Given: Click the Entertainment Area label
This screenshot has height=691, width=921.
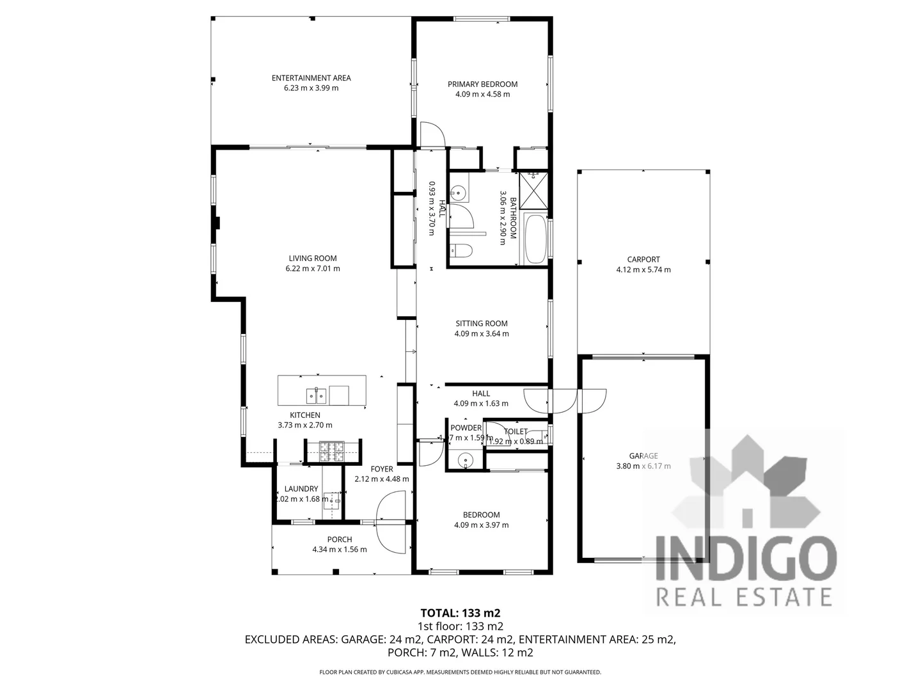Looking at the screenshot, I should pos(311,78).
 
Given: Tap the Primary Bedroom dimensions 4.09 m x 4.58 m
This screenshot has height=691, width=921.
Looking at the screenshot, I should pos(482,94).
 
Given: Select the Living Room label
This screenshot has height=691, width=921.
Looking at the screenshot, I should pos(313,258).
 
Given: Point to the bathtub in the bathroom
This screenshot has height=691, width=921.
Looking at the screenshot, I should pos(535,239).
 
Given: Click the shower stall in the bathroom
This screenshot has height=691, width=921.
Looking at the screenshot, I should pos(533,190).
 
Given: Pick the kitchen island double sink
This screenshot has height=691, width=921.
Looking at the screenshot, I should pos(317,396).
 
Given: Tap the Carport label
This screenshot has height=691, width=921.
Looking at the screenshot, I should pos(643,259).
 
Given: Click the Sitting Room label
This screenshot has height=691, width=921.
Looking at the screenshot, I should pos(482,323).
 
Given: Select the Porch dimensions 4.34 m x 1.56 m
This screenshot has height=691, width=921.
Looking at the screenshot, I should pos(340,550).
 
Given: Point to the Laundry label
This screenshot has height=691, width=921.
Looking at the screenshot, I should pos(301,489).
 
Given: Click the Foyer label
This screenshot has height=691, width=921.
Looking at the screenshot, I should pos(382,469).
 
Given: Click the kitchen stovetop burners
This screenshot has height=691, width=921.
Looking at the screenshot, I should pos(332,452).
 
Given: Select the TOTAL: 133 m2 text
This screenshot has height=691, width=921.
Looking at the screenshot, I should pos(460,613).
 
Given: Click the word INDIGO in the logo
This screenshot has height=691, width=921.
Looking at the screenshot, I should pos(746,559).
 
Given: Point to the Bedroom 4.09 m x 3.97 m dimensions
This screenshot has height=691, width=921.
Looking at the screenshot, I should pos(482,525).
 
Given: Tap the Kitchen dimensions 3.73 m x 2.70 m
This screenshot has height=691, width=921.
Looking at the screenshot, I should pos(305,425).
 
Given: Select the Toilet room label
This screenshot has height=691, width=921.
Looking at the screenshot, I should pos(516,431).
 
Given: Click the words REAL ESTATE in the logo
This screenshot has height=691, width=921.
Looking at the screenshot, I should pos(745,596).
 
